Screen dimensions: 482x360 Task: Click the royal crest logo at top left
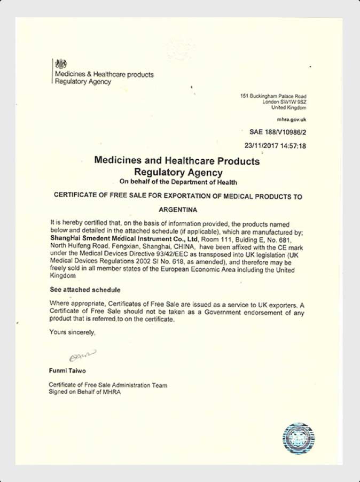tap(61, 63)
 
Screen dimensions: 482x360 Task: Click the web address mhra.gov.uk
tap(292, 119)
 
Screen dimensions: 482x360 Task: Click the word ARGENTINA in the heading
tap(178, 209)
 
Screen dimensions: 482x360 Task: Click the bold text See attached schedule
tap(85, 290)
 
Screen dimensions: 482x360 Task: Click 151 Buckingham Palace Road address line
tap(273, 96)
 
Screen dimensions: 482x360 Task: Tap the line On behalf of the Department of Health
tap(178, 182)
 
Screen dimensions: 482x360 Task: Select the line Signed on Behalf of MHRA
tap(85, 392)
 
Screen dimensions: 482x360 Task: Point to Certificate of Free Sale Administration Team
tap(108, 385)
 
